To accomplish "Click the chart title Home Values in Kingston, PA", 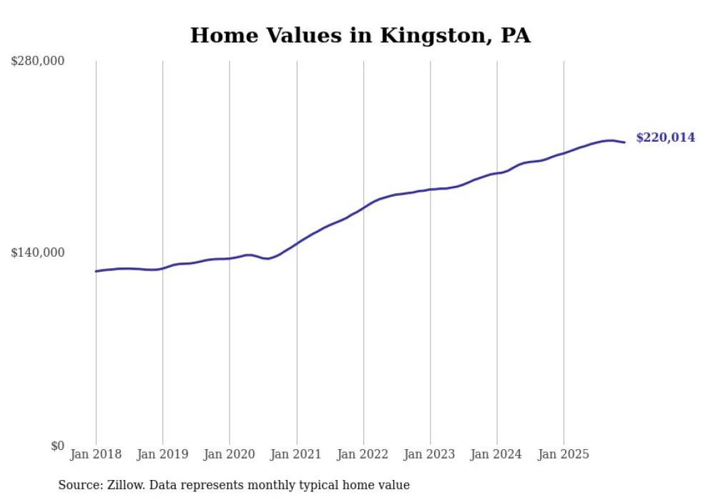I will [360, 36].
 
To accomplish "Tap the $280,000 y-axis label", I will [37, 61].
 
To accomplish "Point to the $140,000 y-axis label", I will [37, 253].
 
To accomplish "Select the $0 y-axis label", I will [57, 446].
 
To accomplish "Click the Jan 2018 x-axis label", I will [96, 455].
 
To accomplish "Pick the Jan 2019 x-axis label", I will [162, 455].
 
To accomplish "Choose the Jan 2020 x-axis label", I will [230, 455].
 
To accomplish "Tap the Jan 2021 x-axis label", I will [296, 455].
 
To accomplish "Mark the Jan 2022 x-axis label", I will [363, 455].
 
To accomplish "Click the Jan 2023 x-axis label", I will [430, 455].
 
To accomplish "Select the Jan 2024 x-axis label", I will [497, 455].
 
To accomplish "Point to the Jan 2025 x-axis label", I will [564, 455].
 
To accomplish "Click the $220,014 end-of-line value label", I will [665, 137].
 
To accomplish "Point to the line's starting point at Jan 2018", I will [96, 271].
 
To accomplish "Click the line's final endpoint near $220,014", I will [624, 142].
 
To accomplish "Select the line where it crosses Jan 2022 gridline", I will [363, 207].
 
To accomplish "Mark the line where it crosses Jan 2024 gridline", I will [497, 173].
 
